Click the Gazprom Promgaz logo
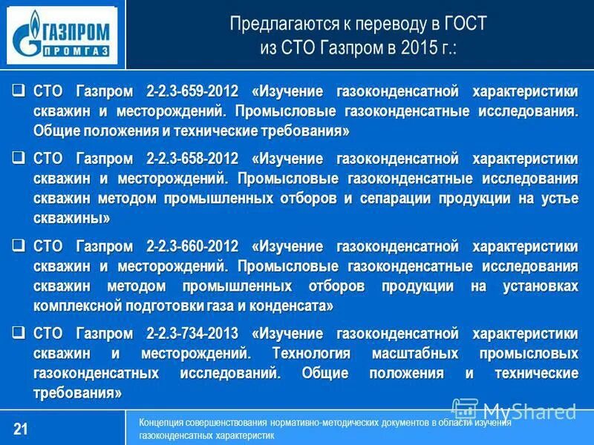pyautogui.click(x=62, y=35)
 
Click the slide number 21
pyautogui.click(x=21, y=429)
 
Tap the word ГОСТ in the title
pyautogui.click(x=464, y=24)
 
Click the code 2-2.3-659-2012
pyautogui.click(x=193, y=92)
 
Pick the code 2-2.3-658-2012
pyautogui.click(x=193, y=159)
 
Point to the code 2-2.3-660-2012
pyautogui.click(x=193, y=245)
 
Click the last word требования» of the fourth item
pyautogui.click(x=77, y=392)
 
